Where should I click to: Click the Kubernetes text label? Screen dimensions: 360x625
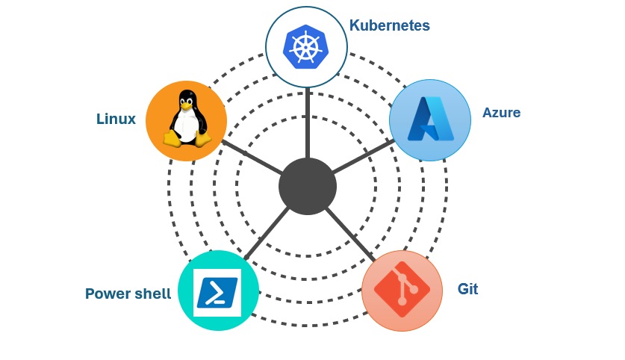389,25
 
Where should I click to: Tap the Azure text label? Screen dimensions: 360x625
501,113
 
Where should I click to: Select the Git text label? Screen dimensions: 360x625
467,289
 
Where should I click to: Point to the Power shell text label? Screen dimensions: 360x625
128,294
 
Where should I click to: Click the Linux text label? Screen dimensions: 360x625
116,119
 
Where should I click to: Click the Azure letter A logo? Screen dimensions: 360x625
429,120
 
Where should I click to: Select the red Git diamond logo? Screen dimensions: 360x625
401,291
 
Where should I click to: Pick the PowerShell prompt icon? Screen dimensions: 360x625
217,292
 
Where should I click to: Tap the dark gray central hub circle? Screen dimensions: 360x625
307,186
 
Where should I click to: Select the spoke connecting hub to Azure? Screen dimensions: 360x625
362,158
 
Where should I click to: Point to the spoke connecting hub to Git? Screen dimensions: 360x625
350,235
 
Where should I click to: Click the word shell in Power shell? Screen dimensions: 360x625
152,294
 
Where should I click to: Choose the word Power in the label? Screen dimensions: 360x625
107,294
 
